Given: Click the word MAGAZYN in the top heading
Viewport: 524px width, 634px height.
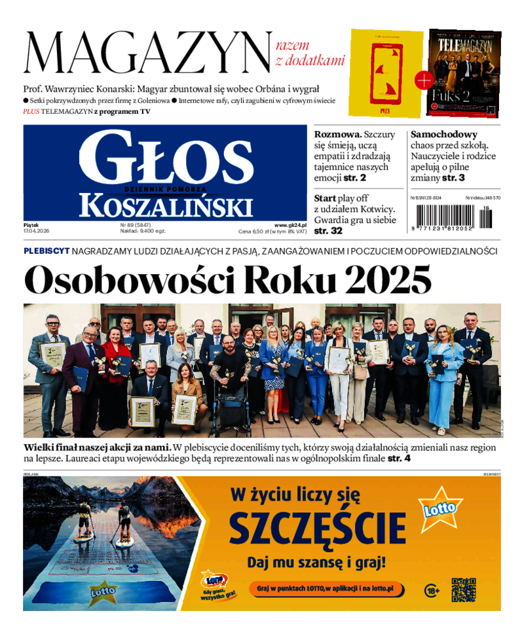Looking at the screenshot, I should [147, 54].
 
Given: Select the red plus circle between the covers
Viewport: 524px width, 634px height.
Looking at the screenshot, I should [424, 80].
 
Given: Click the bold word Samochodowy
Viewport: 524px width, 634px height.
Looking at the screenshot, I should [444, 133].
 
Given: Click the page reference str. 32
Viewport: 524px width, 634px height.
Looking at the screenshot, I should [328, 231].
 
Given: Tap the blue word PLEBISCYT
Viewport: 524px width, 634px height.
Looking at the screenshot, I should [47, 251].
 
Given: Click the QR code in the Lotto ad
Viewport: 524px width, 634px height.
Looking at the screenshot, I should [463, 589].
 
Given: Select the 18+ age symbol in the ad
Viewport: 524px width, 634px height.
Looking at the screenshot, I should [432, 590].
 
